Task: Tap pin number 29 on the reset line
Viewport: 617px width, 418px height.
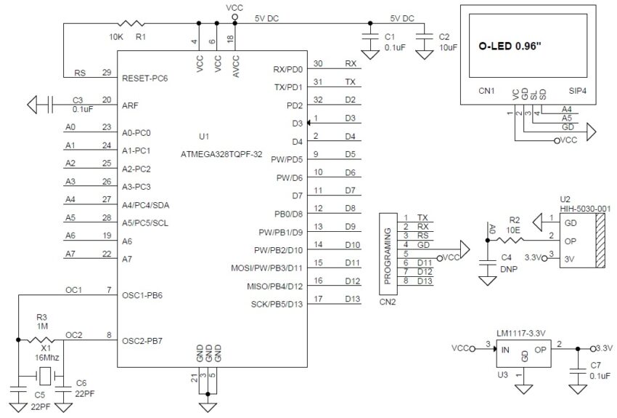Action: coord(107,73)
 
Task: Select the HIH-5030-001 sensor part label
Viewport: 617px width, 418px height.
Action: coord(585,209)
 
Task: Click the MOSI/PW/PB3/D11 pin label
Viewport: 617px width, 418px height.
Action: coord(266,268)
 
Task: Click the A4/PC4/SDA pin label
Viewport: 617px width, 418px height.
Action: coord(152,204)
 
